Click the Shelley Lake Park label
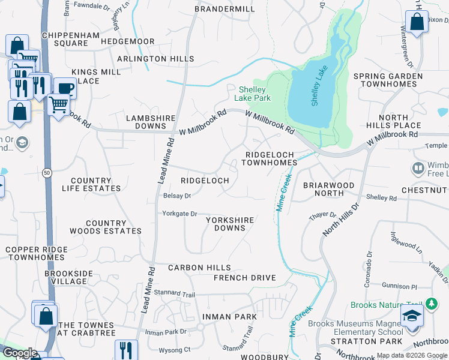coord(255,94)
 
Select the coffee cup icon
coord(65,88)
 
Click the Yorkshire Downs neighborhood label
coord(229,224)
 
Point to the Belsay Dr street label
coord(176,196)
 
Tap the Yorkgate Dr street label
coord(179,214)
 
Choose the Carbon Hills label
coord(199,268)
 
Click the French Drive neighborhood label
coord(244,278)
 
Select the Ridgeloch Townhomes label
coord(270,158)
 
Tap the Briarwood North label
coord(328,189)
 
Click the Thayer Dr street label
coord(324,215)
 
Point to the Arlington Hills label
coord(155,59)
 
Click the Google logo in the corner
coord(19,353)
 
